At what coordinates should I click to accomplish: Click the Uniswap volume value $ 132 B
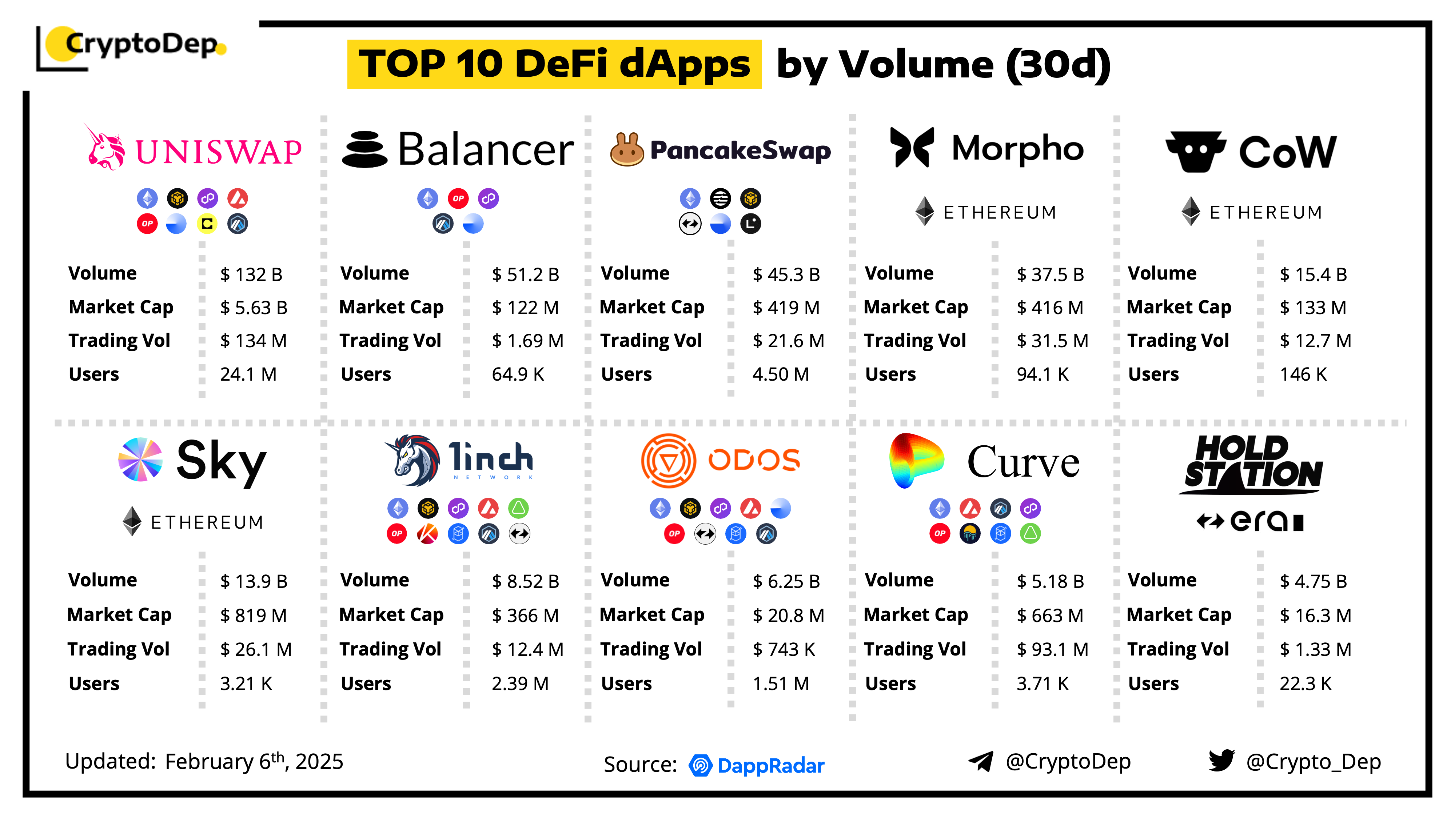click(x=251, y=274)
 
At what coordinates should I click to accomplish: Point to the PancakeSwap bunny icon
click(x=626, y=149)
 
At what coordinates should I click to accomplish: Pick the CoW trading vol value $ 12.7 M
click(x=1315, y=341)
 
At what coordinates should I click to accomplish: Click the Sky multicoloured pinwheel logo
click(x=140, y=460)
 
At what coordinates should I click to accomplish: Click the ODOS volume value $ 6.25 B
click(x=786, y=581)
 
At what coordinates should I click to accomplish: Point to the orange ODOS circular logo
click(x=668, y=460)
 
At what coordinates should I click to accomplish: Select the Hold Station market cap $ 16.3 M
click(x=1315, y=615)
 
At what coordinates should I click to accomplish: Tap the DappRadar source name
click(x=770, y=766)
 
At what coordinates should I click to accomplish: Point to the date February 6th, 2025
click(x=254, y=762)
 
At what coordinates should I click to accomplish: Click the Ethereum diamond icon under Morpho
click(x=925, y=211)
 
